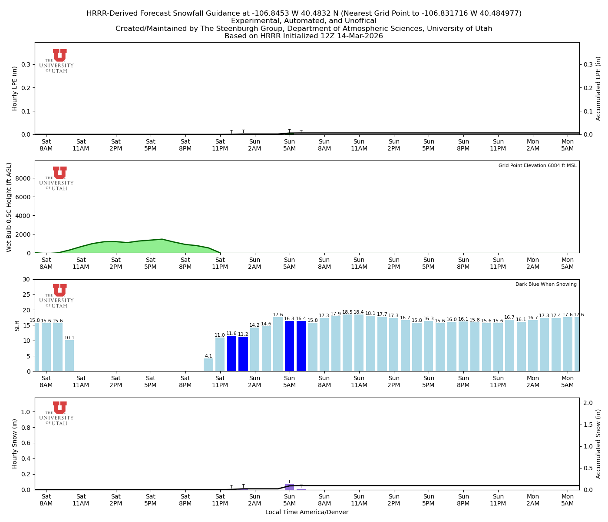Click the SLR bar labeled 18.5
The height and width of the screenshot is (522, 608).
[347, 343]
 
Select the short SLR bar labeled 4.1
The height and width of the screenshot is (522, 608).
[208, 365]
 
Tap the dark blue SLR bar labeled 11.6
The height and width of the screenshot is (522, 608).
[231, 353]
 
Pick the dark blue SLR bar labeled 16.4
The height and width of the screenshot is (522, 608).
[301, 346]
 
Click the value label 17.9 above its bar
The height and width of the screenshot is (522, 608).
[336, 314]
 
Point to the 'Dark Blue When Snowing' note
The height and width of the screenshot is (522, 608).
[546, 284]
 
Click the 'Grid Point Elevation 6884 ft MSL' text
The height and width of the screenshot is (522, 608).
[537, 166]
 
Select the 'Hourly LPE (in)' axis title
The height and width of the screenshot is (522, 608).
[15, 88]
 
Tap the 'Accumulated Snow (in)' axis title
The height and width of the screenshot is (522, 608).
[598, 444]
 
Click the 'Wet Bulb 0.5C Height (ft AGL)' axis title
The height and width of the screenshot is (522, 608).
[9, 207]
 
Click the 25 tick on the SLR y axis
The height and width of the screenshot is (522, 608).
[27, 294]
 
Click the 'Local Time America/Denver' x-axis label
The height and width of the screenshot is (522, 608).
[307, 512]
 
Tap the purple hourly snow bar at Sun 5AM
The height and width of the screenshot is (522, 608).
[289, 487]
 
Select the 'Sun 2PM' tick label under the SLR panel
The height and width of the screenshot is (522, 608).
[393, 382]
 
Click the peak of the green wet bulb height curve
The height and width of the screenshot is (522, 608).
[162, 239]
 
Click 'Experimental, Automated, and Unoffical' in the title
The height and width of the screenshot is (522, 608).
[304, 21]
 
